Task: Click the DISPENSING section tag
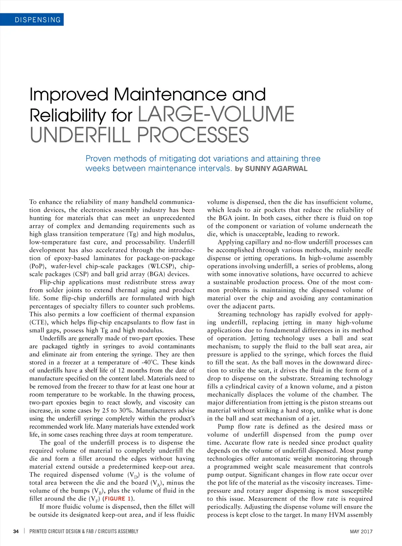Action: [x=38, y=20]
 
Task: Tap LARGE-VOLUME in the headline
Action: [x=216, y=114]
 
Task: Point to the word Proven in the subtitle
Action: [x=99, y=159]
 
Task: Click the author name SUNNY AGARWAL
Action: [x=276, y=169]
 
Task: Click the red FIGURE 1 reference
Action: [x=117, y=499]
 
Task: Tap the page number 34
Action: [x=16, y=531]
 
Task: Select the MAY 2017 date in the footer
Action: [x=361, y=531]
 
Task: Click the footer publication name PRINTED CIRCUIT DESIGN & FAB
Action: [x=62, y=531]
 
